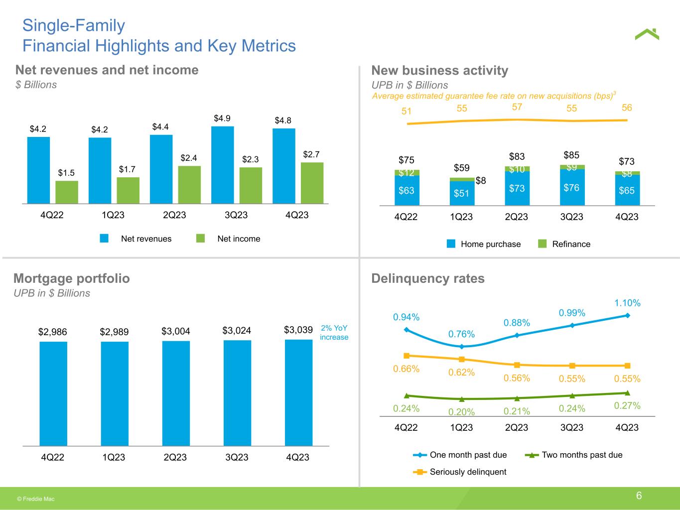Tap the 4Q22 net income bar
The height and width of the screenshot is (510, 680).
pyautogui.click(x=67, y=192)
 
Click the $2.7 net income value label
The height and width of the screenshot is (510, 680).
pyautogui.click(x=311, y=154)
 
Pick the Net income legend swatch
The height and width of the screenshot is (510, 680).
pyautogui.click(x=200, y=239)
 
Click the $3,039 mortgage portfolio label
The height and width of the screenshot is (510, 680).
pyautogui.click(x=298, y=330)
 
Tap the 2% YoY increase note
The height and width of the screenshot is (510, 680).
pyautogui.click(x=334, y=333)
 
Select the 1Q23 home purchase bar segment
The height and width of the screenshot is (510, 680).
pyautogui.click(x=462, y=193)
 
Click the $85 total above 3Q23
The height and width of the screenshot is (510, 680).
pyautogui.click(x=571, y=155)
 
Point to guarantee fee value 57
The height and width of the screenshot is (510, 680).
pyautogui.click(x=517, y=107)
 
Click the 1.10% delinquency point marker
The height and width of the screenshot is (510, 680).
pyautogui.click(x=627, y=315)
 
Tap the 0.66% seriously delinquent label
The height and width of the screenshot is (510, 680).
pyautogui.click(x=406, y=369)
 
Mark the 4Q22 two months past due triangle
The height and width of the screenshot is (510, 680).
pyautogui.click(x=407, y=395)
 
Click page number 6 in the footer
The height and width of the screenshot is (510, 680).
pyautogui.click(x=639, y=496)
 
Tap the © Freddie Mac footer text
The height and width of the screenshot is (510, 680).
pyautogui.click(x=36, y=499)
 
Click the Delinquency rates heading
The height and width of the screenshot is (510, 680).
pyautogui.click(x=428, y=278)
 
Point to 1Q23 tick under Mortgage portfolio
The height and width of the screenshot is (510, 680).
pyautogui.click(x=114, y=457)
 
